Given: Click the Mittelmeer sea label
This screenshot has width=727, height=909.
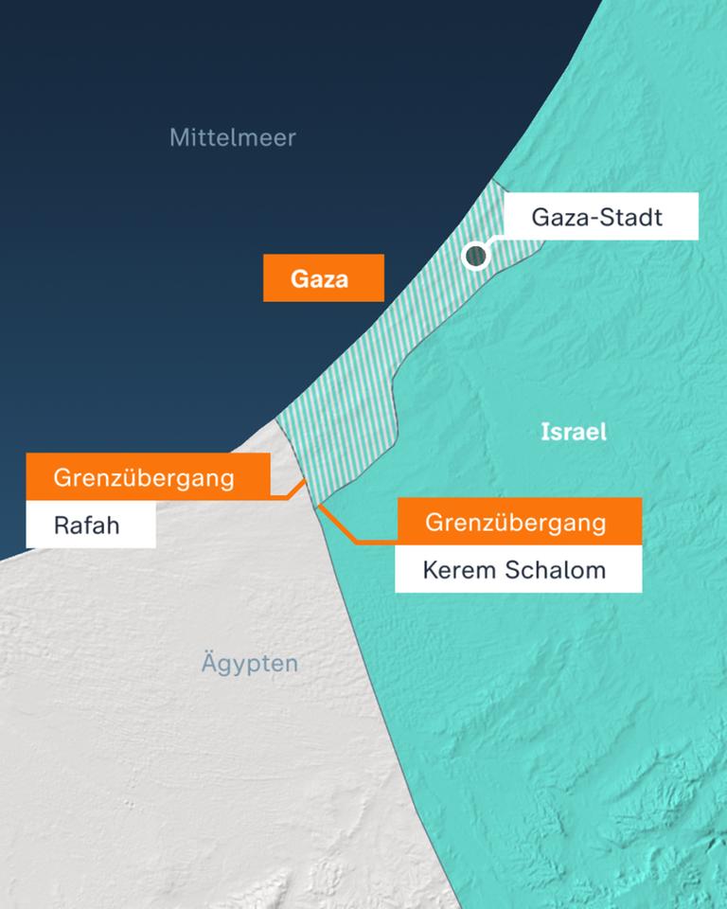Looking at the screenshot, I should click(x=232, y=137).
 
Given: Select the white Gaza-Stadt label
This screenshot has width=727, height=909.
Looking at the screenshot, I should click(x=600, y=217).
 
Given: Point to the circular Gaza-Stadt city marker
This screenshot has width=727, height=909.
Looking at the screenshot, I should click(x=476, y=255).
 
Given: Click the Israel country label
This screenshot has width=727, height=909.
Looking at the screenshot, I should click(x=573, y=433).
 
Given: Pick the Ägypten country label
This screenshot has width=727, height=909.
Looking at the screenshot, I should click(x=249, y=664).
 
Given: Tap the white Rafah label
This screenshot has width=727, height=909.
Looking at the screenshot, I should click(x=90, y=525).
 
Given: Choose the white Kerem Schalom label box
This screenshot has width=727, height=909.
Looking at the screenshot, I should click(x=518, y=571).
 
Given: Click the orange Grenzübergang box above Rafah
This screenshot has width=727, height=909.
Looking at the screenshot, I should click(x=148, y=476).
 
